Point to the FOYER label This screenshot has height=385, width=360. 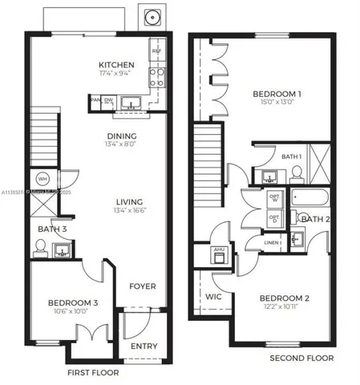coord(143,286)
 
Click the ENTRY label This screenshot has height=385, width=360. coord(144,346)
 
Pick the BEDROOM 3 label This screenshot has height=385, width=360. coord(67,302)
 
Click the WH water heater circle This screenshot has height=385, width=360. coord(43,178)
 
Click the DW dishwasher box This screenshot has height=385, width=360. coord(108,100)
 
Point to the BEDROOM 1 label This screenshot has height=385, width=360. coord(277,95)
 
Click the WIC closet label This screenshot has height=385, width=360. coord(212,296)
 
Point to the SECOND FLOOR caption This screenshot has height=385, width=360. coord(301,358)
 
